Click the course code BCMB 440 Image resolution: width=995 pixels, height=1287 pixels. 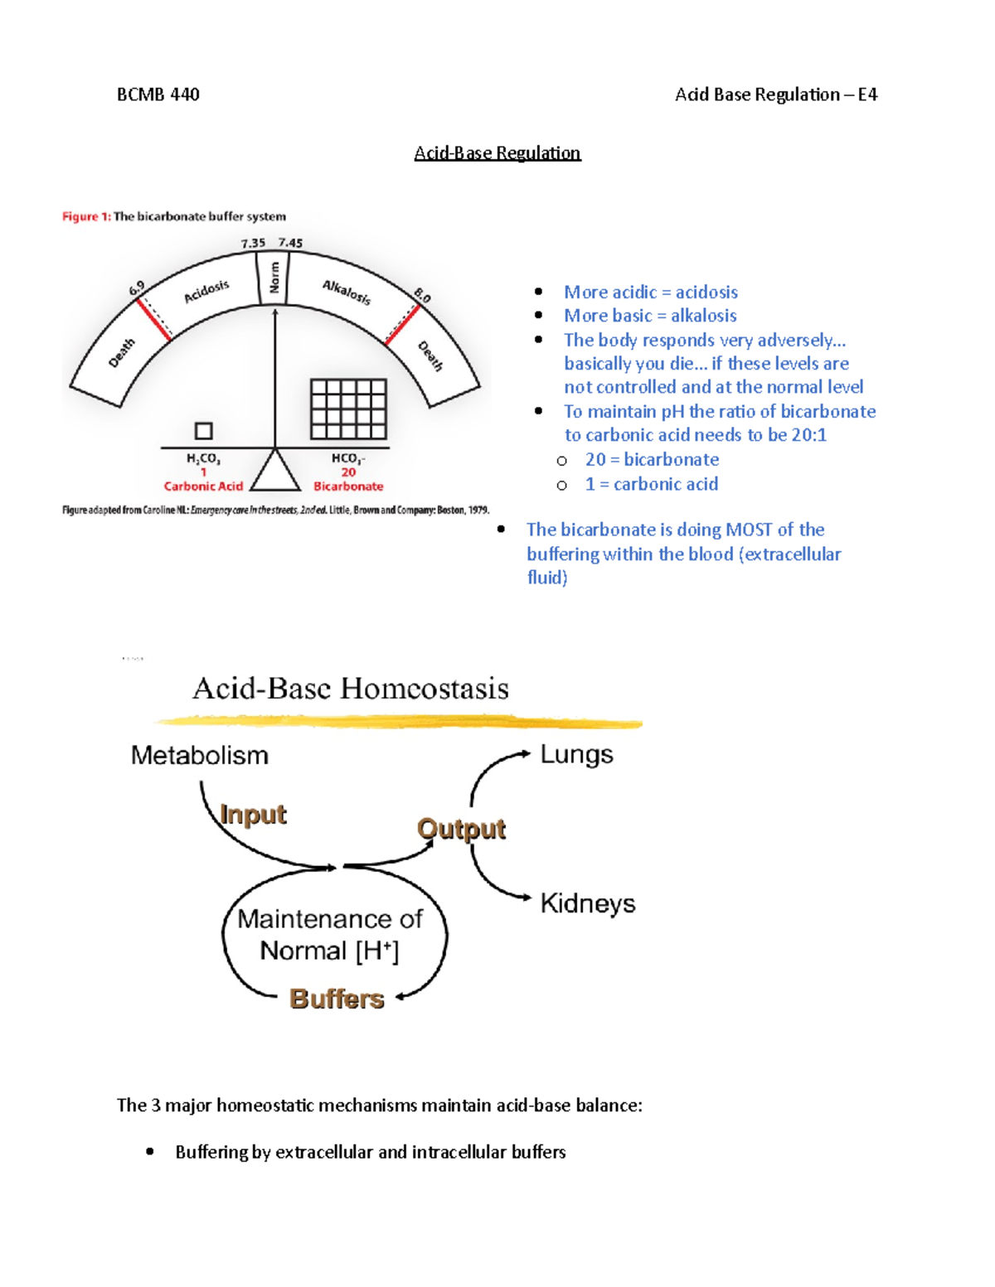(x=158, y=94)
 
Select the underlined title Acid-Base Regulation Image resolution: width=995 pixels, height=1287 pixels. (x=498, y=153)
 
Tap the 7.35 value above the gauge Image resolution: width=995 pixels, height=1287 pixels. (x=253, y=243)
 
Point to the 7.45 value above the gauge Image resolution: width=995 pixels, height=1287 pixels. (x=290, y=243)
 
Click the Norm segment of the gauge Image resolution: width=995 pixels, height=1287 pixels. (x=274, y=278)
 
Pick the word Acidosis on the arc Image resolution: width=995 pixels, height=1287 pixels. (x=206, y=292)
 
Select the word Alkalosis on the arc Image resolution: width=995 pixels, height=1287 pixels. (x=347, y=292)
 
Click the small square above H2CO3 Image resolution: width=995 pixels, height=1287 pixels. (x=203, y=431)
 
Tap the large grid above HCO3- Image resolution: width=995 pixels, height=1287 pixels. (x=348, y=409)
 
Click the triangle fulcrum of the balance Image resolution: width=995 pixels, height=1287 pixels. (x=275, y=473)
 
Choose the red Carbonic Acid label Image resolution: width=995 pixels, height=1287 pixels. (x=203, y=486)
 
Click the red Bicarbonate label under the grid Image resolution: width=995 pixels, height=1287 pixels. (x=348, y=486)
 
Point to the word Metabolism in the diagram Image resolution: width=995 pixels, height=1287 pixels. (x=200, y=756)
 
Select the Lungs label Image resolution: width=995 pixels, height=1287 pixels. (x=577, y=755)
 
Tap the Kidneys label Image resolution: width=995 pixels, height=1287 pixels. (x=588, y=903)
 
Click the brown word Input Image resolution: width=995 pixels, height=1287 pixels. (x=254, y=815)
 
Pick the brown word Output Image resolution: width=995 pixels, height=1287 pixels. (x=462, y=829)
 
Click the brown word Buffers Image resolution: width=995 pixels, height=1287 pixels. (x=337, y=999)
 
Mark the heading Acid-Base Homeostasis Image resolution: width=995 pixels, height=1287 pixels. (x=351, y=689)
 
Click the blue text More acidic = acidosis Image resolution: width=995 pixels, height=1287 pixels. (x=651, y=292)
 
